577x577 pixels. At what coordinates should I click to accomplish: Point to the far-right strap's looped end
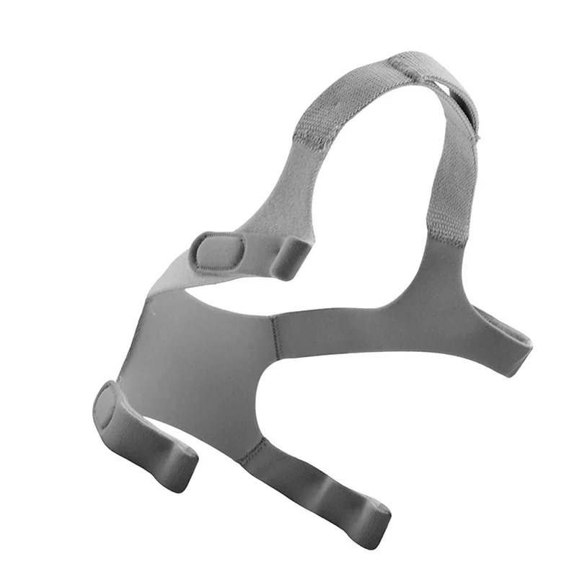(x=516, y=353)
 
